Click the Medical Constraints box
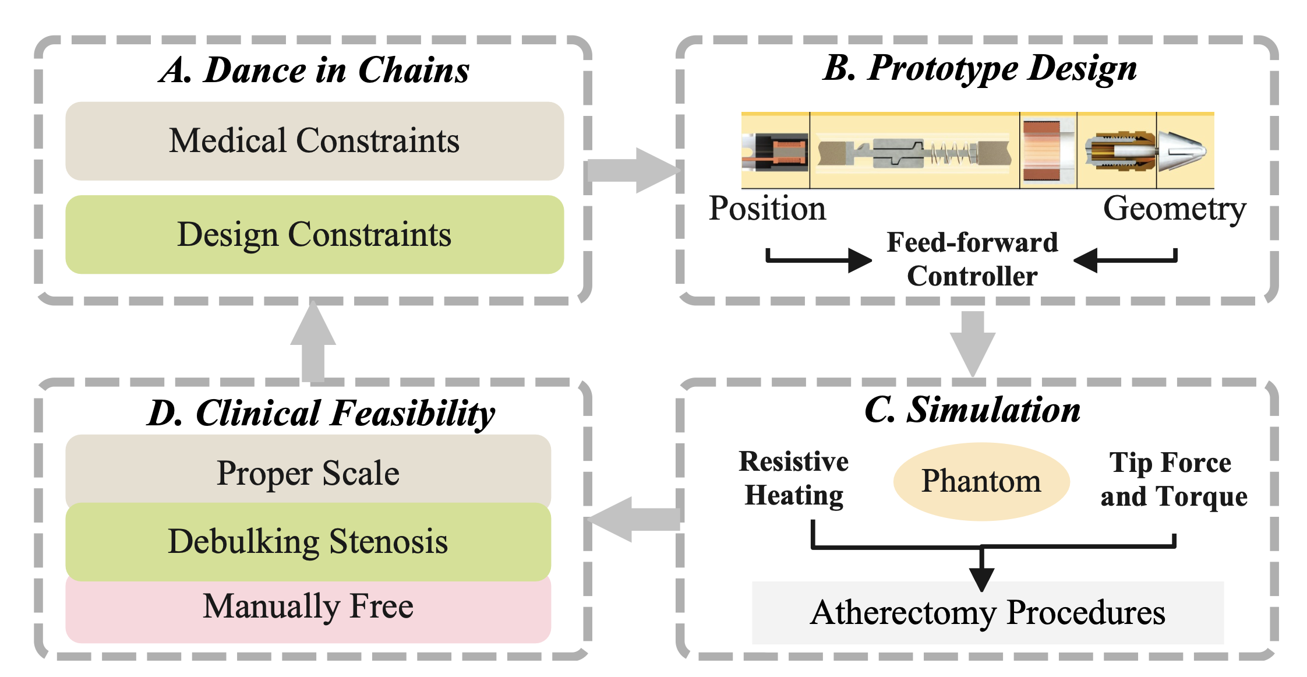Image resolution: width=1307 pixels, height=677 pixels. pos(315,141)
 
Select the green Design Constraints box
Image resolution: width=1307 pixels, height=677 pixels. pos(315,235)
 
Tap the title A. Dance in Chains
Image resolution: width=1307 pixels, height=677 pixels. pos(315,70)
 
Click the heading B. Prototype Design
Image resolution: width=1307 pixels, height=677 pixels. pos(980,68)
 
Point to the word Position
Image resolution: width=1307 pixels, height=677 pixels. pos(767,209)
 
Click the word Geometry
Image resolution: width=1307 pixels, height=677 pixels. pos(1174,209)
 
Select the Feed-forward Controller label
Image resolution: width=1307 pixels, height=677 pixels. pos(972,259)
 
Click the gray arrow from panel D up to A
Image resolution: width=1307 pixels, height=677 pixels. pos(313,344)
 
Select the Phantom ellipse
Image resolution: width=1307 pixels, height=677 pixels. pos(981,481)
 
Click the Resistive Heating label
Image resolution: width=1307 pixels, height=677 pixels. pos(794,478)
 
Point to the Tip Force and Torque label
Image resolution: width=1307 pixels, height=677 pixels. pos(1173,479)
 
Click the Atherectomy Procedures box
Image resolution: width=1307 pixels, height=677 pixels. pos(987,613)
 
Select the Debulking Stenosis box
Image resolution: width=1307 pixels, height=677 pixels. pos(308,541)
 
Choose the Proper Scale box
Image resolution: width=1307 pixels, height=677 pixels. pos(308,472)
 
